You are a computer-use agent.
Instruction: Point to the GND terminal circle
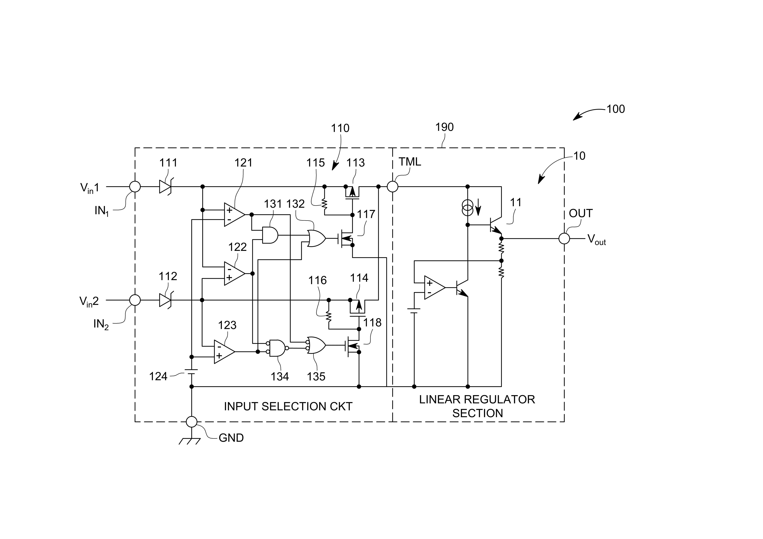(191, 422)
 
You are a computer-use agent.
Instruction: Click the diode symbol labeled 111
(165, 187)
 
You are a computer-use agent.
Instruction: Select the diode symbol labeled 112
(165, 300)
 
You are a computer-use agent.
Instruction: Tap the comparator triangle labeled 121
(234, 215)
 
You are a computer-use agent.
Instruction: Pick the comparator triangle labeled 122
(234, 273)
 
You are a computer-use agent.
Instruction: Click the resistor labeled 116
(329, 316)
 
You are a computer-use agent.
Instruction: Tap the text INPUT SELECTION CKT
(288, 406)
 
